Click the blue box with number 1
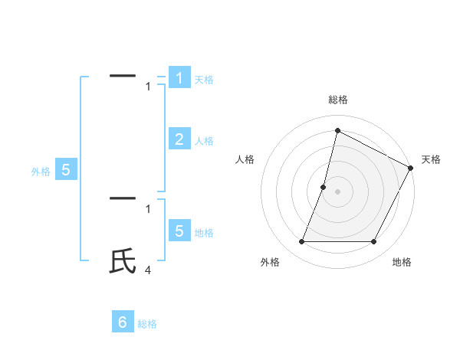click(179, 78)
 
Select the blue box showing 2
click(179, 139)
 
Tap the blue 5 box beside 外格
click(66, 170)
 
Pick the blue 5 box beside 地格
click(179, 231)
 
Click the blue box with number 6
click(123, 322)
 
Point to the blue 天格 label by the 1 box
click(204, 80)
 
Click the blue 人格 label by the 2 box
click(204, 141)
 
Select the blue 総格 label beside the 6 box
click(147, 324)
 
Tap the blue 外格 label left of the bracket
click(41, 172)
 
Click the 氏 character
click(123, 261)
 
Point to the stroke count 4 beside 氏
click(148, 270)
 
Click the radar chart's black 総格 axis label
click(338, 100)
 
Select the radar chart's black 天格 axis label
click(432, 159)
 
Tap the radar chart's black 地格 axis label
click(402, 262)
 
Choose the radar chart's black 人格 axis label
click(245, 159)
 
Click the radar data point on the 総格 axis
click(337, 130)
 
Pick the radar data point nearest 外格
click(301, 242)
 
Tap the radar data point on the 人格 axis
click(324, 187)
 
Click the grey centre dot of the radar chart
click(337, 191)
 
